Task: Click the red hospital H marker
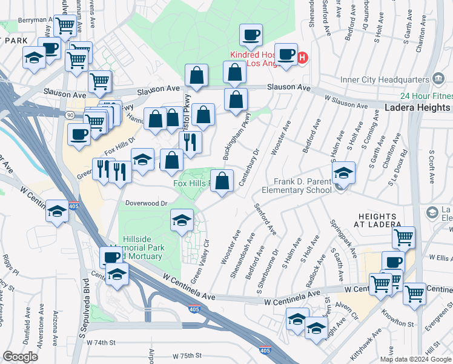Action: pyautogui.click(x=303, y=58)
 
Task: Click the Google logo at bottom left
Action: pyautogui.click(x=20, y=357)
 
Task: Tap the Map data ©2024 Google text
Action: pyautogui.click(x=415, y=359)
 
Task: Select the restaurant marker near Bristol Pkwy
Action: pyautogui.click(x=191, y=141)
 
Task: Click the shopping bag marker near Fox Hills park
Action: pyautogui.click(x=222, y=180)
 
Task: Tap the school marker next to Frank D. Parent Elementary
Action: pyautogui.click(x=343, y=174)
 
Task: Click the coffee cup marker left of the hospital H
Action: pyautogui.click(x=286, y=54)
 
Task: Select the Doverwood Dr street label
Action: pyautogui.click(x=146, y=203)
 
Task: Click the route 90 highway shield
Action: pyautogui.click(x=71, y=115)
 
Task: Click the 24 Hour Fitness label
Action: pyautogui.click(x=426, y=96)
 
